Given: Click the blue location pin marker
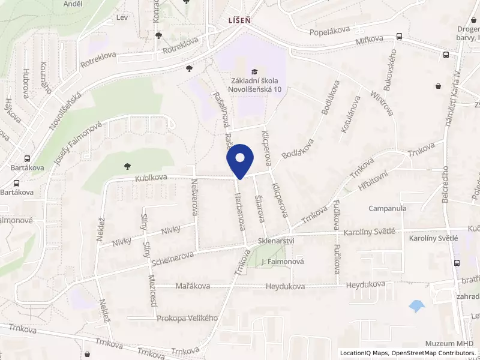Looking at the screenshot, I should click(x=240, y=159).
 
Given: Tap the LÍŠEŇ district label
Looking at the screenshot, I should click(x=238, y=20).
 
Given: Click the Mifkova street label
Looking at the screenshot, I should click(x=369, y=40).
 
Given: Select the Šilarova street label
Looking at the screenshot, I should click(x=260, y=208).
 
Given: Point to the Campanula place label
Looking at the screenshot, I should click(x=388, y=209).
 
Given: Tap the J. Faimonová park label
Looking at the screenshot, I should click(x=283, y=262).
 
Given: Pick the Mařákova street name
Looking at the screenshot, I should click(x=193, y=286).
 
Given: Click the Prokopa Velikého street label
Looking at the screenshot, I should click(x=187, y=318).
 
